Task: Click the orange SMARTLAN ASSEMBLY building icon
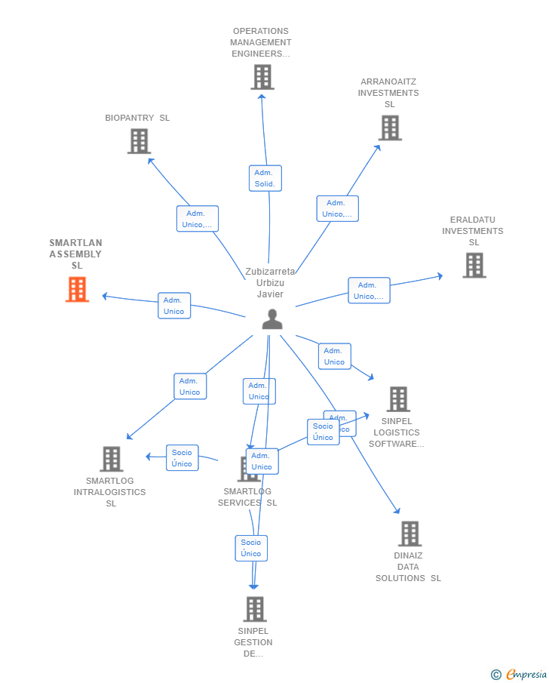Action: (77, 289)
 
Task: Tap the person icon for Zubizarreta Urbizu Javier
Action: (272, 319)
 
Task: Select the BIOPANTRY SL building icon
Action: (139, 141)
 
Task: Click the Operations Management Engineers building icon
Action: (262, 77)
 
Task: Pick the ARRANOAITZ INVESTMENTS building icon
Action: (390, 128)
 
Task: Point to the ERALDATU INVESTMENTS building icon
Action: (474, 265)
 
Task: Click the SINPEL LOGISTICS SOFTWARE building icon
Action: (398, 399)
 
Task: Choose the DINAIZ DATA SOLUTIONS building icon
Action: (409, 534)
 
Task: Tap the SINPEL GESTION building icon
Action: (255, 609)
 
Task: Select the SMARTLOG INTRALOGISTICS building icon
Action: (111, 458)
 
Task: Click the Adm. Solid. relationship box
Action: (265, 178)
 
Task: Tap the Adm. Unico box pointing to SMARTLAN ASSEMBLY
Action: (173, 306)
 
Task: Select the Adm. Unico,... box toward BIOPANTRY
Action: (197, 219)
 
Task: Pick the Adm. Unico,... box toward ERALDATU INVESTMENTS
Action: (369, 291)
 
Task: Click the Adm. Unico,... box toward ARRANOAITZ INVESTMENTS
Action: (337, 208)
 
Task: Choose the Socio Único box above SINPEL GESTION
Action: (251, 548)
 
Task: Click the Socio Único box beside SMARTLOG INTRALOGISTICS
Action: (182, 458)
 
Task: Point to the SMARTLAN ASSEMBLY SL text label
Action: (75, 254)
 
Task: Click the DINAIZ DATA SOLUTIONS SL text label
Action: (408, 567)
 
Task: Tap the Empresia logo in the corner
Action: (520, 674)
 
